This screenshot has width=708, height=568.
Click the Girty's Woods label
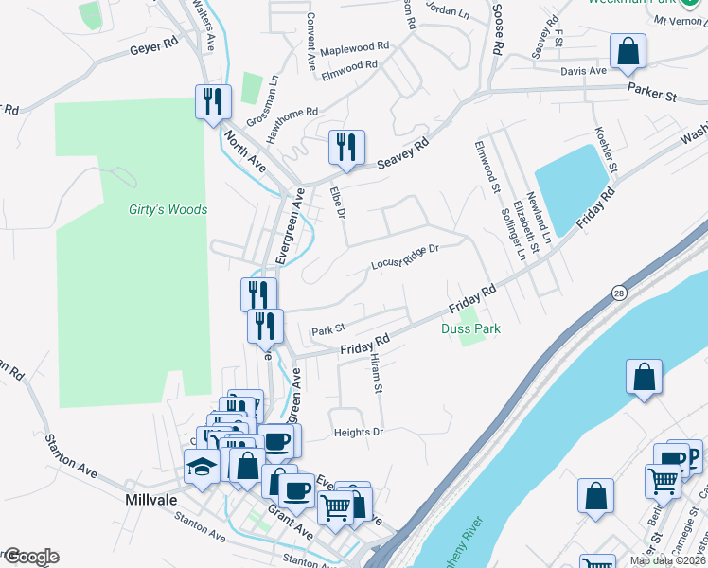pos(168,209)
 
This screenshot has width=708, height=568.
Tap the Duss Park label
pos(470,328)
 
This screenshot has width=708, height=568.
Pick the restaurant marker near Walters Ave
pos(212,101)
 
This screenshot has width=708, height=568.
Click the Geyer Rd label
pos(154,45)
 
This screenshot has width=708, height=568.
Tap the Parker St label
pos(652,92)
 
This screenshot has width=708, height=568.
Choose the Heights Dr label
pos(358,433)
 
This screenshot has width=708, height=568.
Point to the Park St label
pos(327,330)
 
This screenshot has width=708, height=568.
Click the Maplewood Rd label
pos(355,47)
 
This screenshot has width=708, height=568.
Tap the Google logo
pos(30,557)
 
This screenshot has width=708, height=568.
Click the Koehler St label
pos(606,149)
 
